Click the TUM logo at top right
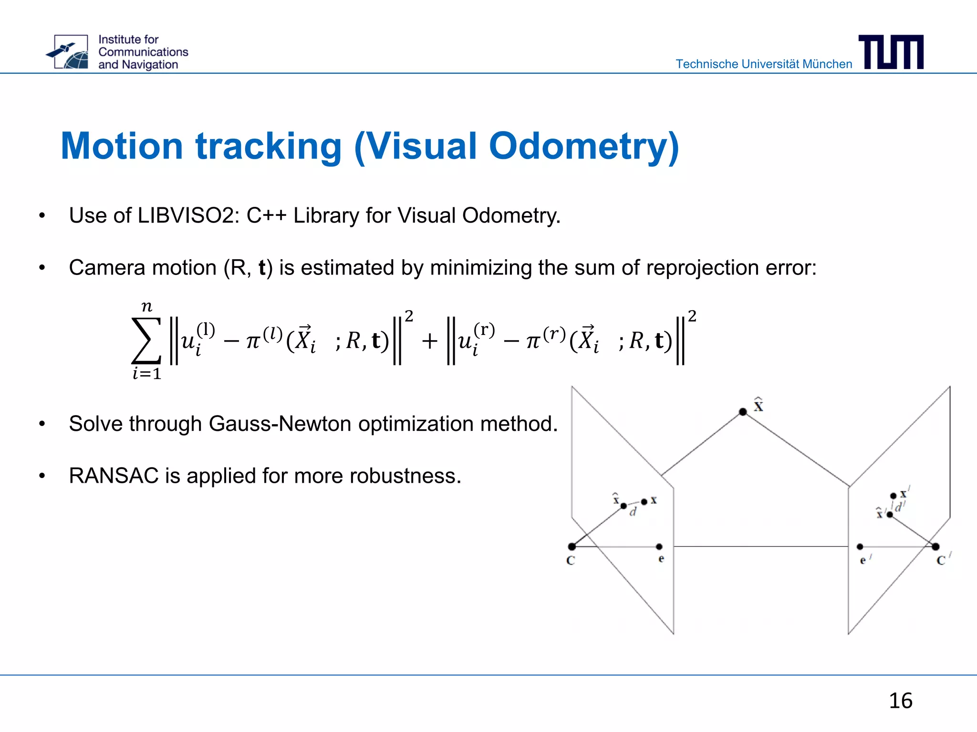(891, 52)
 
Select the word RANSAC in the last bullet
(114, 476)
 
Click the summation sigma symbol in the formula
(146, 340)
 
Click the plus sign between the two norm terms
(429, 341)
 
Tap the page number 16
(900, 701)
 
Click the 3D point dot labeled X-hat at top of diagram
(743, 412)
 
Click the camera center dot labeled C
(572, 547)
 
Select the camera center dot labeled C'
(935, 547)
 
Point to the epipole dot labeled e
(659, 547)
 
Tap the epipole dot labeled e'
(860, 547)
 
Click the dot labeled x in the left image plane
(644, 501)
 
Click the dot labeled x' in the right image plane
(894, 496)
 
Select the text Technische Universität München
(764, 64)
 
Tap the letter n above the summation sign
(147, 306)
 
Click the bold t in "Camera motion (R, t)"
(262, 268)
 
